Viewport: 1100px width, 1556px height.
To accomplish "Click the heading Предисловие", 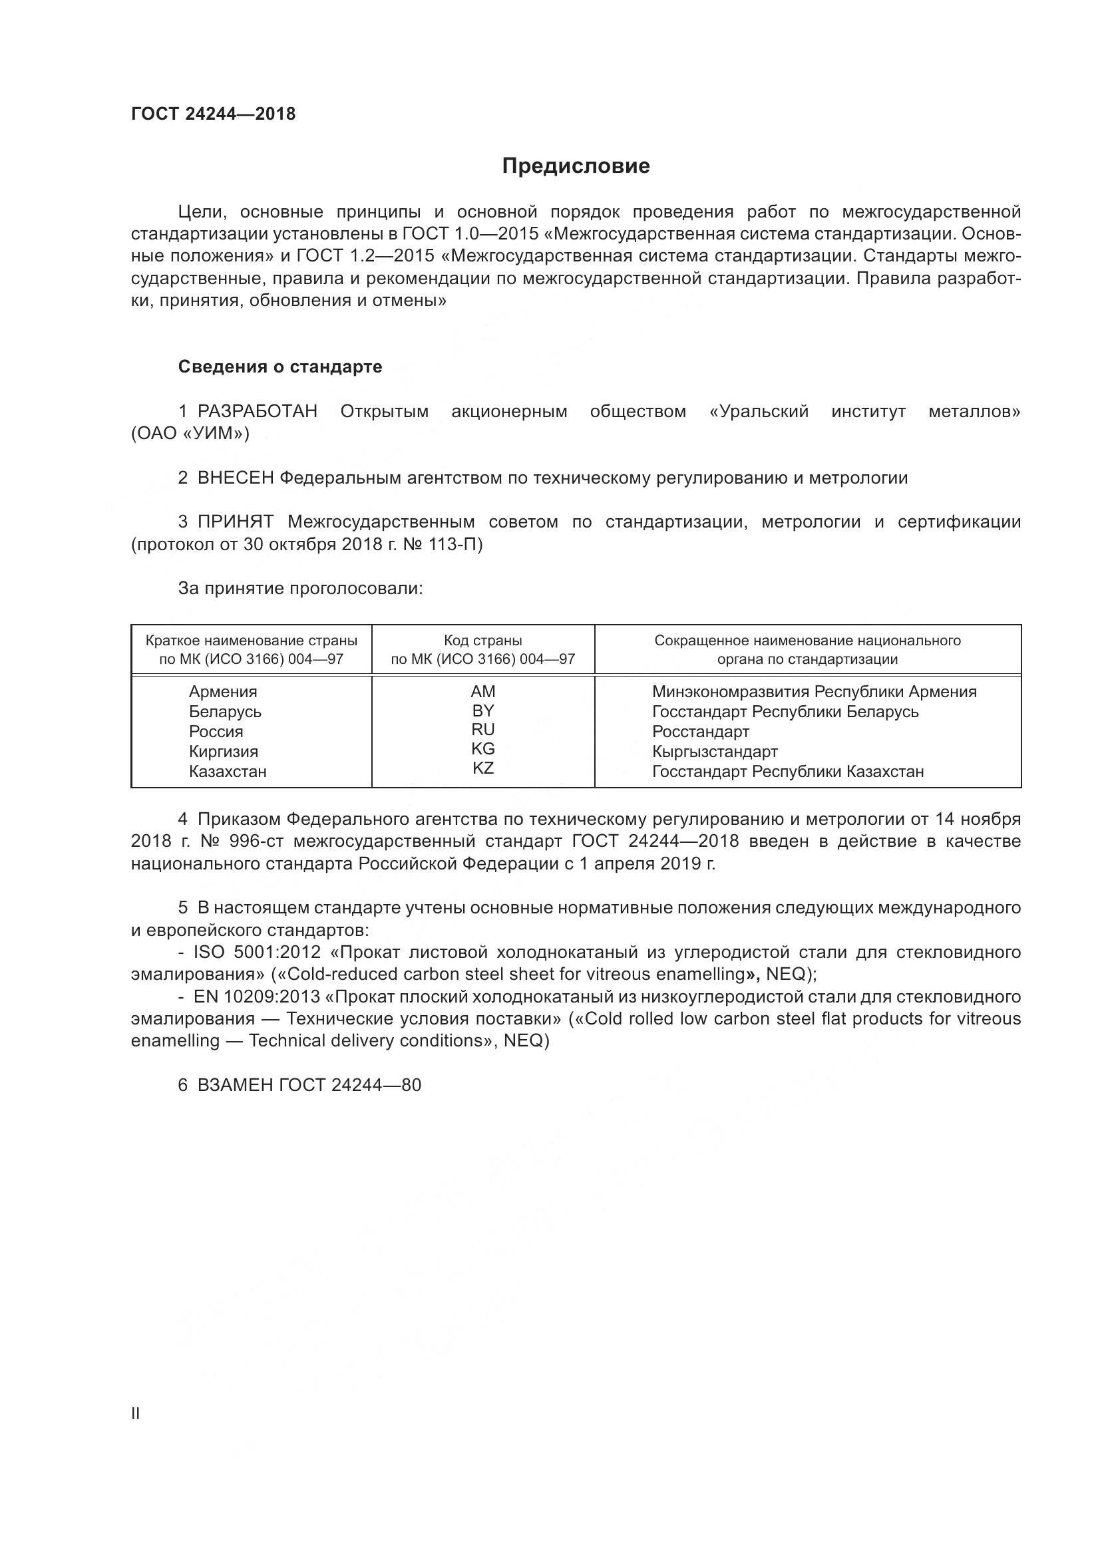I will (576, 166).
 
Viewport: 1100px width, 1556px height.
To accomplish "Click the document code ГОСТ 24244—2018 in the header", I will (214, 114).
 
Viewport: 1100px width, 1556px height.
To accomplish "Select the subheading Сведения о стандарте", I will (280, 367).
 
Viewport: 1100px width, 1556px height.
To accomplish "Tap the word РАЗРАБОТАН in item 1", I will (258, 411).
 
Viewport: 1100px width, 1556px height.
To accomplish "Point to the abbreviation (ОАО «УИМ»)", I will (190, 434).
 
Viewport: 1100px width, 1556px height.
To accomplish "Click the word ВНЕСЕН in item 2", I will (235, 478).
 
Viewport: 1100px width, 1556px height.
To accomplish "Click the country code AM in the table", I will (483, 691).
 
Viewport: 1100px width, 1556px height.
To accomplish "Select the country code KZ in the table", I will (483, 768).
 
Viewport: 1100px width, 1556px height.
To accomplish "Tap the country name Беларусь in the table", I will (225, 712).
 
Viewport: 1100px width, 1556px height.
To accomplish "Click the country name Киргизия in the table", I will (224, 751).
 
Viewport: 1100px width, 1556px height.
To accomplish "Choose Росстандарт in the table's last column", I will (700, 731).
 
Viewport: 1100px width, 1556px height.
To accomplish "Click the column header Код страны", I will (483, 641).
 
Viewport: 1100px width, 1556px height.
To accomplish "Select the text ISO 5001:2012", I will (258, 952).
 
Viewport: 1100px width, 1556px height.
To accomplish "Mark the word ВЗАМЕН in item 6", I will (235, 1085).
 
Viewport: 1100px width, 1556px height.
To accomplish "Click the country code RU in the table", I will (483, 729).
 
